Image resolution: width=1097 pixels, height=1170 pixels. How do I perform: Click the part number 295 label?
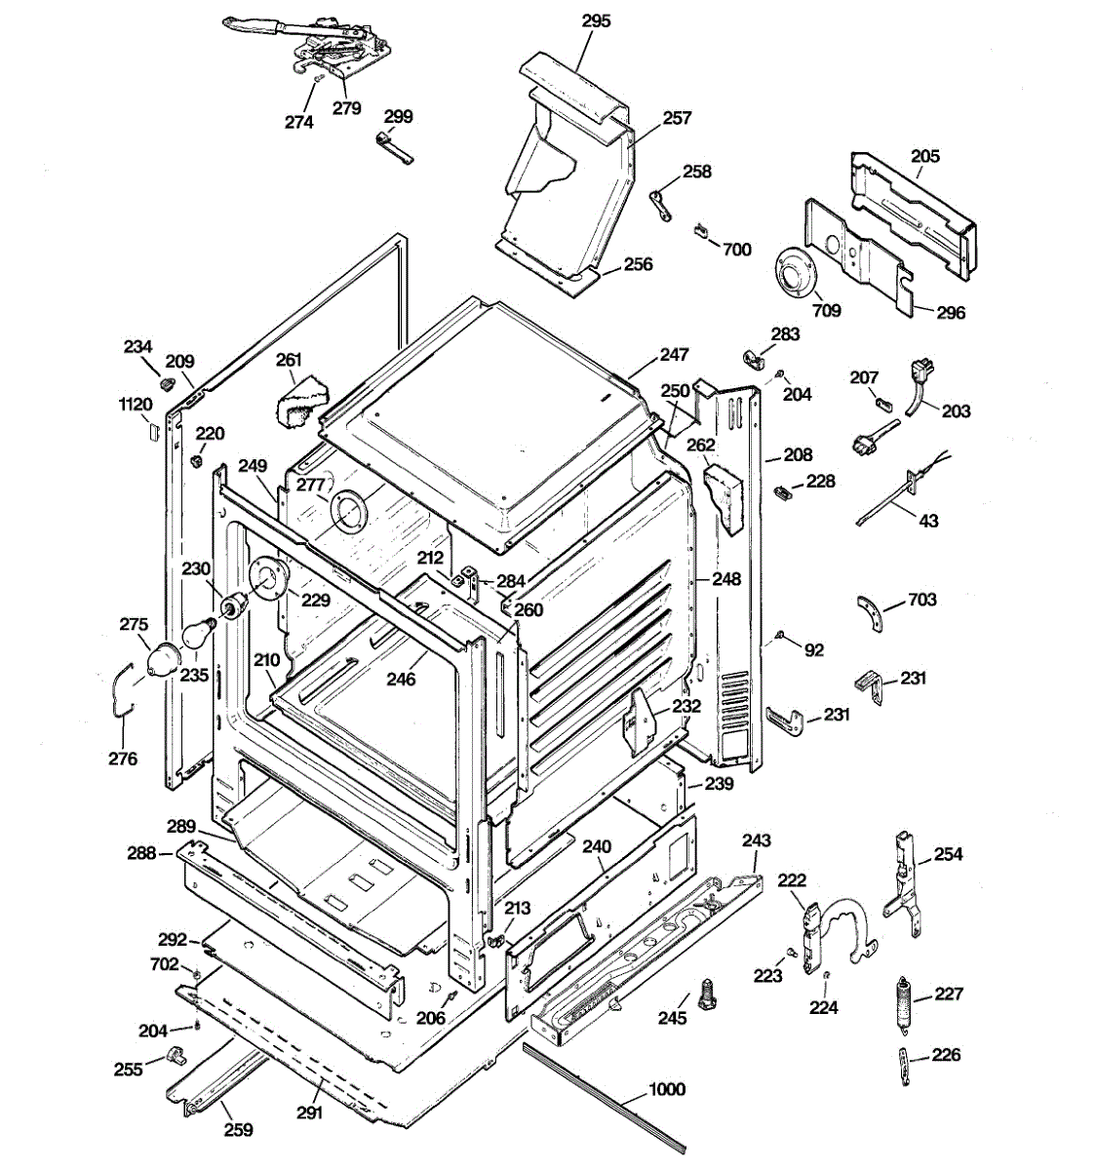[597, 21]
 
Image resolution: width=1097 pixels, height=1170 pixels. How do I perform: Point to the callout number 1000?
[667, 1089]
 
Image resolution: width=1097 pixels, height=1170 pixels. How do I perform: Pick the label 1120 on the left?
[136, 405]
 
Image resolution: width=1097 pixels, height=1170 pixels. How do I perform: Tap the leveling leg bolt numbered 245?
[706, 994]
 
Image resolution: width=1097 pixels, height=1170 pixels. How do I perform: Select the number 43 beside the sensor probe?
[928, 521]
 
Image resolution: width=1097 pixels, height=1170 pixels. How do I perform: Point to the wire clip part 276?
[123, 690]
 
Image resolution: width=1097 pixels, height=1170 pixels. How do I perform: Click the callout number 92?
[814, 650]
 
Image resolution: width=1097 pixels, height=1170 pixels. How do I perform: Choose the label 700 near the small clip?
[737, 250]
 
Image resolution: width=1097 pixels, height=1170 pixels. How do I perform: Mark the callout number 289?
[181, 827]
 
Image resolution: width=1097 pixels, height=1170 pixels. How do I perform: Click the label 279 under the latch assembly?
[346, 108]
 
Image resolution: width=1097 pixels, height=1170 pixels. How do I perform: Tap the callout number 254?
[949, 854]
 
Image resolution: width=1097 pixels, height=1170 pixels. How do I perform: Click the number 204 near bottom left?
[153, 1031]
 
